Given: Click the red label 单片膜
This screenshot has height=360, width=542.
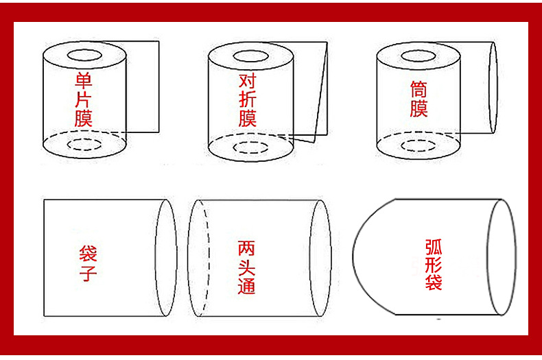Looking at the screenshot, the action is pyautogui.click(x=84, y=99).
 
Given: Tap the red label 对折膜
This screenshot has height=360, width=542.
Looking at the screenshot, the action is pyautogui.click(x=248, y=99).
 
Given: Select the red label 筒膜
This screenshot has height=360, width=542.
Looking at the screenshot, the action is pyautogui.click(x=419, y=99).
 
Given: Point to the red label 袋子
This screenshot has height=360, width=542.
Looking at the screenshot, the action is pyautogui.click(x=88, y=263).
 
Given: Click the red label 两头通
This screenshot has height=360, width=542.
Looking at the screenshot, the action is pyautogui.click(x=246, y=267).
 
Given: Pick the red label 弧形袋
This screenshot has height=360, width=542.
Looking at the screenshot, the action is pyautogui.click(x=434, y=264).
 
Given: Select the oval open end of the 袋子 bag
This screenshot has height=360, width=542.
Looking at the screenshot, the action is pyautogui.click(x=156, y=257).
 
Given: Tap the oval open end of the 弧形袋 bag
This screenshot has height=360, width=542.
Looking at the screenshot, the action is pyautogui.click(x=487, y=257).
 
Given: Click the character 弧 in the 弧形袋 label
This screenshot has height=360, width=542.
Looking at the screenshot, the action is pyautogui.click(x=434, y=247).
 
